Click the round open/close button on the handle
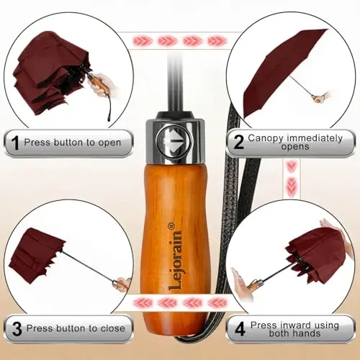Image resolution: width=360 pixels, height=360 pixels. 174,142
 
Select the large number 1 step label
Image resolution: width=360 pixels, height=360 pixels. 15,143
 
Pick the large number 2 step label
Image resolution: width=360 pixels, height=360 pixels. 238,142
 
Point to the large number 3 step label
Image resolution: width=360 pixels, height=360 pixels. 17,328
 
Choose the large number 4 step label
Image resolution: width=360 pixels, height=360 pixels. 240,329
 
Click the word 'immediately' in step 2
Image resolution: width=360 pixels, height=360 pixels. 315,138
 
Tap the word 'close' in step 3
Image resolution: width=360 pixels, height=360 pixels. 113,328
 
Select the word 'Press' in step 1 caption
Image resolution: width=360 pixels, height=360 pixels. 37,142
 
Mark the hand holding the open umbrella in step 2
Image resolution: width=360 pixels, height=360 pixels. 323,97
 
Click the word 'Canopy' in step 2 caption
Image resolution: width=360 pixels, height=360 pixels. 266,138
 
